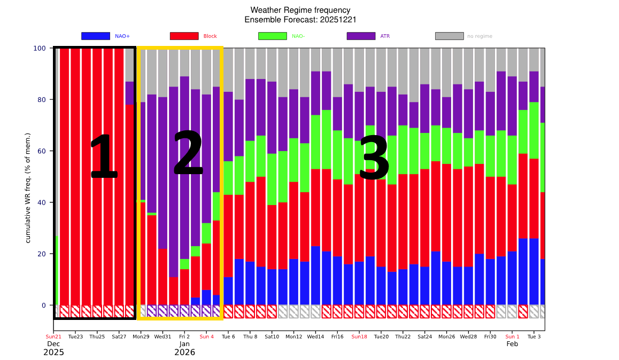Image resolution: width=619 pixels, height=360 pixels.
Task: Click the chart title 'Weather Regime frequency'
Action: point(300,10)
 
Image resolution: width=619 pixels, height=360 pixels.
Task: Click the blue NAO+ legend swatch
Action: point(95,36)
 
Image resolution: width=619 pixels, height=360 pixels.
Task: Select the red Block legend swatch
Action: point(184,36)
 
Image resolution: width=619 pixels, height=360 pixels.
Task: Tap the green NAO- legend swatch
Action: point(273,36)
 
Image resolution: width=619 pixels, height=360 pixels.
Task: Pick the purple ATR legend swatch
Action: point(361,36)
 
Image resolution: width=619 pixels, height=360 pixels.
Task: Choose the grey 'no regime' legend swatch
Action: point(449,36)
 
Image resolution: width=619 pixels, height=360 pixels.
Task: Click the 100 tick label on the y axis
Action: point(40,48)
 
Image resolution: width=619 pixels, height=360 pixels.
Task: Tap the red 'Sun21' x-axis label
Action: point(53,337)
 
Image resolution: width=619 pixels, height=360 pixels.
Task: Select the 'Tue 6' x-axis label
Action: point(228,337)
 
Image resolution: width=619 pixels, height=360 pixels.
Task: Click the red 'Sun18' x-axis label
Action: point(359,337)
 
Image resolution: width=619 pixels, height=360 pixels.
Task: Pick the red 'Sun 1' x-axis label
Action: point(512,337)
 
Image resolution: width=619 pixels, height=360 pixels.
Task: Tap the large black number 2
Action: point(188,153)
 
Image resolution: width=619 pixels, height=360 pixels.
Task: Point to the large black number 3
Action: point(374,158)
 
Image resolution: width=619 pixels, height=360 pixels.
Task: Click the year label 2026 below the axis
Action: point(184,353)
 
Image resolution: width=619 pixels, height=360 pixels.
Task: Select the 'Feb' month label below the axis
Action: point(512,344)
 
